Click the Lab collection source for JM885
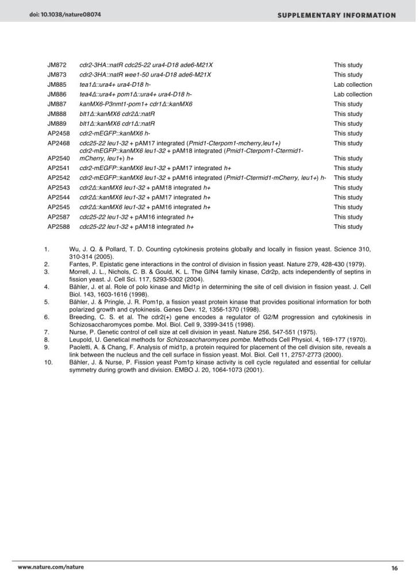pos(352,84)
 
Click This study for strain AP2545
pos(348,207)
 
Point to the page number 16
pos(394,568)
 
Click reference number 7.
pos(48,332)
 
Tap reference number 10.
pos(49,363)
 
